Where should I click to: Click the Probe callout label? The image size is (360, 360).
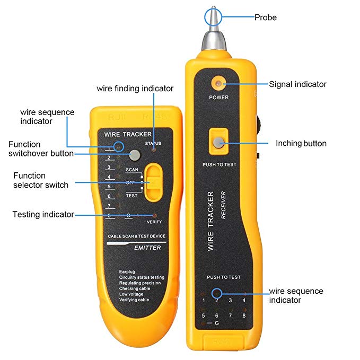pos(265,17)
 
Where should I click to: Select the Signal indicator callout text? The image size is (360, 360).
pos(297,84)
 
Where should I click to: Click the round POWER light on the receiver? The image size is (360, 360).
pos(218,83)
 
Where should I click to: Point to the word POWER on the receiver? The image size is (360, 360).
pos(218,98)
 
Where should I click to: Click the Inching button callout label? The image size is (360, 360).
pos(301,143)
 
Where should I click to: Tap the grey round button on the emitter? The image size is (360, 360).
pos(135,155)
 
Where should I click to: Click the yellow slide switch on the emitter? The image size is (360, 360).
pos(153,182)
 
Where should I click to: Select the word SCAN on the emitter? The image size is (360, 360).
pos(132,169)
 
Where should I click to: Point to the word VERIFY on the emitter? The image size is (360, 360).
pos(154,221)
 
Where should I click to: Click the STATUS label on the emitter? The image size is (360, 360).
pos(153,144)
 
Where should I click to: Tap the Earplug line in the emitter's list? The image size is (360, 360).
pos(127,271)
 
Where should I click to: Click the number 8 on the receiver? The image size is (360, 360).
pos(244,315)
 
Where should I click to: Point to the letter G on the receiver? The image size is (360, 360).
pos(217,323)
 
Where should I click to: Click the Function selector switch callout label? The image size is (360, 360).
pos(41,180)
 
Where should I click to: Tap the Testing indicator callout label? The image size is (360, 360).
pos(43,214)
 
